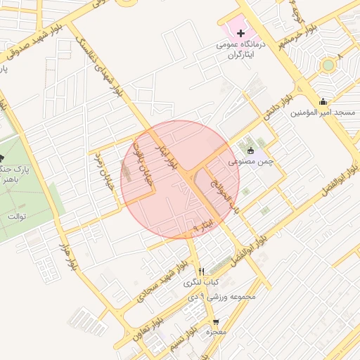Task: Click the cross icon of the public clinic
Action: [x=241, y=33]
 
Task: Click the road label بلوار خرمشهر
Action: [x=300, y=37]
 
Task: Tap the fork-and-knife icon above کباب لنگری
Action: [x=201, y=271]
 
